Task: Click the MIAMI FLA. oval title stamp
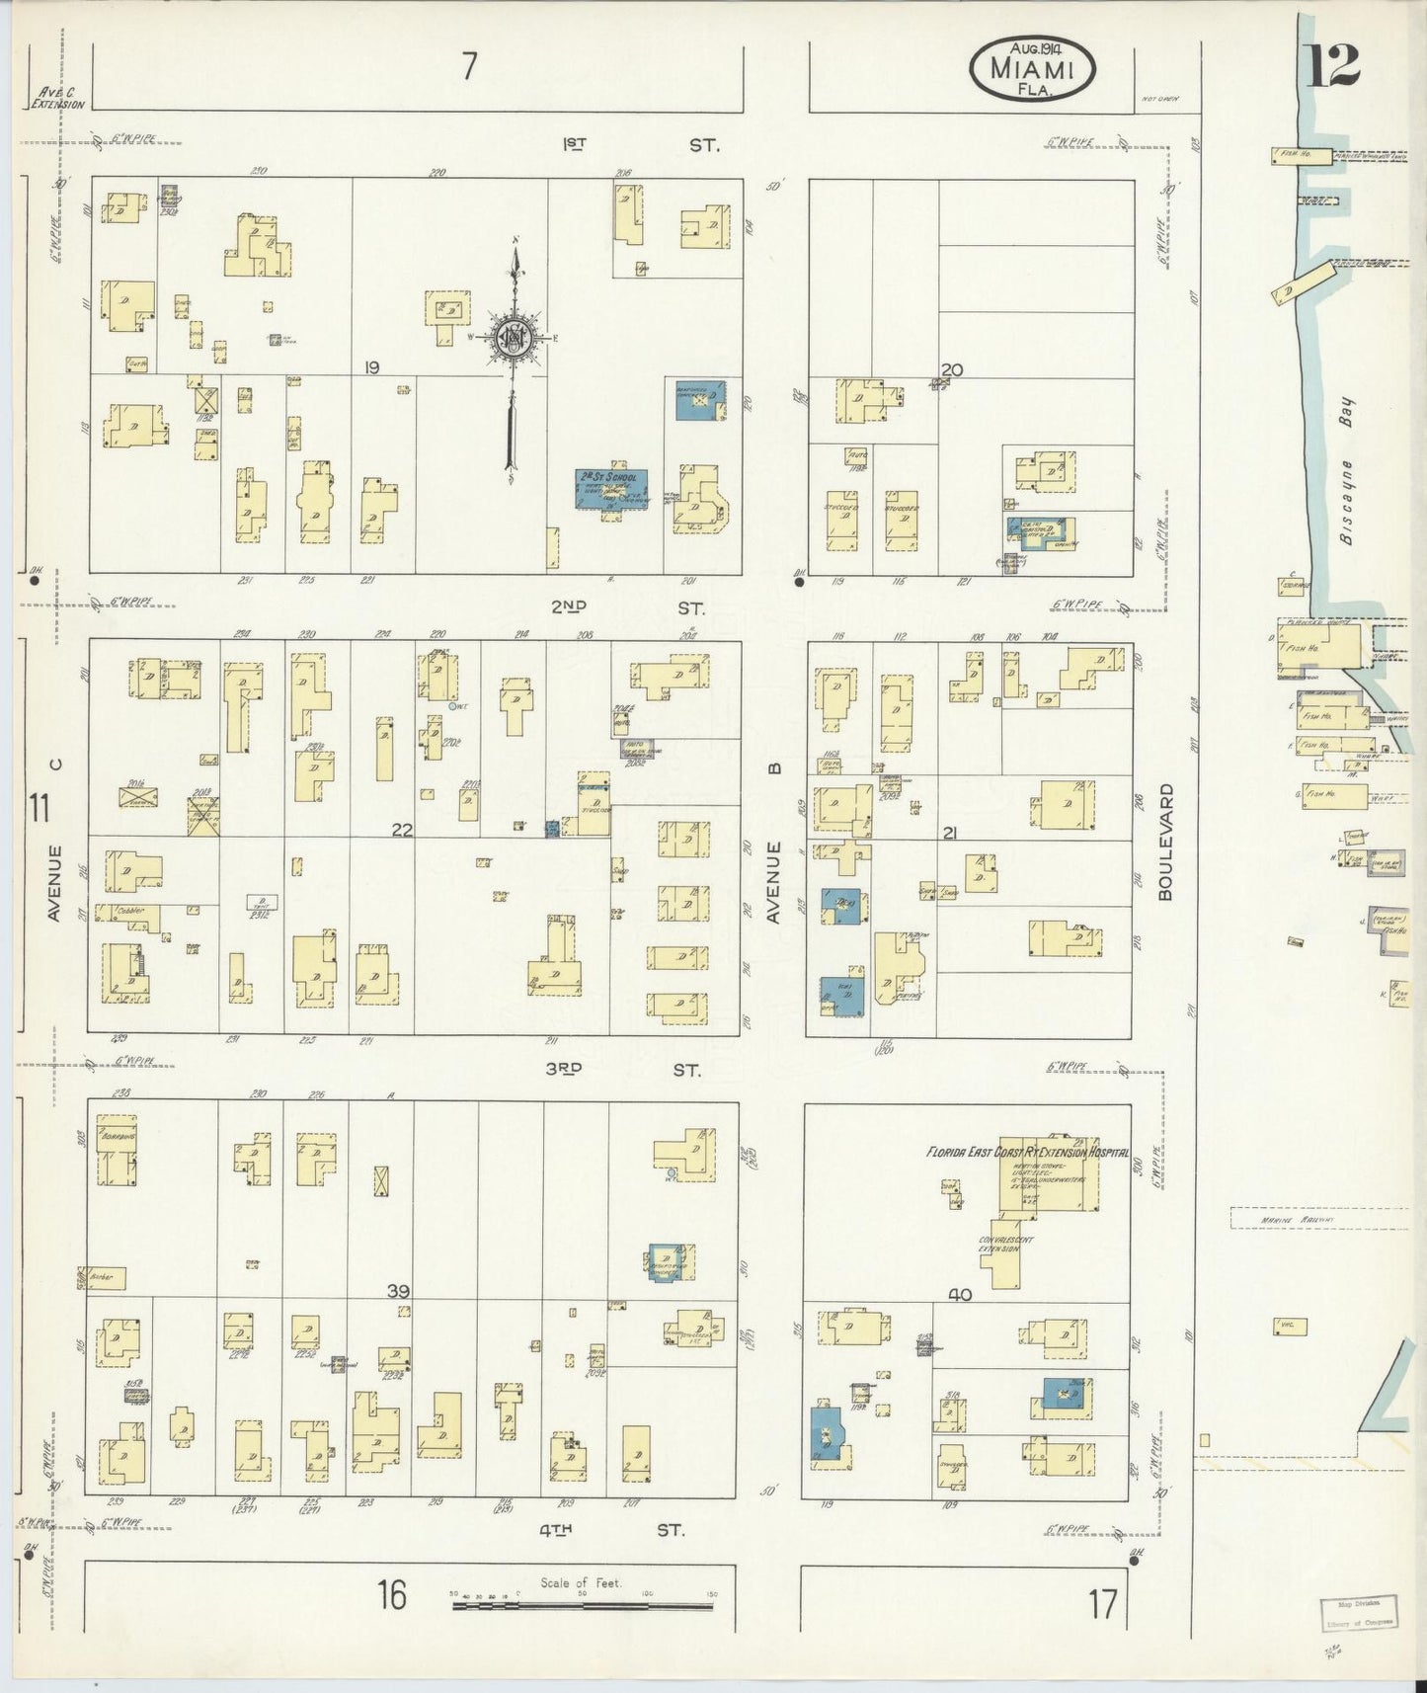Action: coord(1033,67)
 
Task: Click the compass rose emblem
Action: coord(515,338)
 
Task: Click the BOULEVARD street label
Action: coord(1165,842)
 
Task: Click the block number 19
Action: coord(371,367)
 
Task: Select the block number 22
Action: coord(401,830)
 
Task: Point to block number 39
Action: coord(398,1291)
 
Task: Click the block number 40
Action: coord(959,1295)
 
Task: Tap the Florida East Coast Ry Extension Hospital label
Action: coord(1026,1152)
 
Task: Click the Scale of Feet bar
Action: coord(583,1605)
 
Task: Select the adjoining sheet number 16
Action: coord(392,1594)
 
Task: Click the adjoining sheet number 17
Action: coord(1103,1604)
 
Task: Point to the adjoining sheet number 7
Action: coord(468,67)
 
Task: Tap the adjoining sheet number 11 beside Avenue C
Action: coord(40,809)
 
